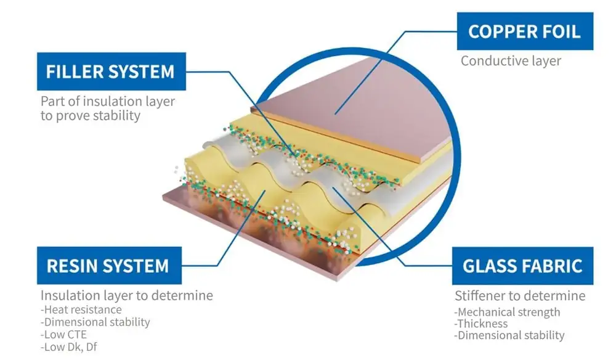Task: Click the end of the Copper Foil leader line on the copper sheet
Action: click(x=335, y=115)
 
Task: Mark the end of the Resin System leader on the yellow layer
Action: click(x=265, y=191)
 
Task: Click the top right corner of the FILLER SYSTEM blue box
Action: click(x=186, y=52)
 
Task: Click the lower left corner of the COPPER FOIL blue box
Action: click(x=457, y=50)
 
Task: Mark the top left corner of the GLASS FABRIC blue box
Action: click(x=452, y=247)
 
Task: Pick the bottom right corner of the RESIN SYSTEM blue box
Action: click(x=182, y=284)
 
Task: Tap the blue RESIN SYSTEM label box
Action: click(x=109, y=265)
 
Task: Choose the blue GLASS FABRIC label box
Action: click(x=522, y=266)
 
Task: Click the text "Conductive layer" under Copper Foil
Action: click(x=511, y=61)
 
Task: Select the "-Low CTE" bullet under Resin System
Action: click(x=63, y=335)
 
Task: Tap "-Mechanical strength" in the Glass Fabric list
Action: click(x=507, y=312)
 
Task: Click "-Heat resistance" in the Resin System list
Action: click(x=81, y=309)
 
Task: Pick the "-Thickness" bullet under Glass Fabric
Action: click(x=481, y=324)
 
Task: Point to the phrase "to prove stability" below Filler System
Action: click(x=91, y=116)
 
